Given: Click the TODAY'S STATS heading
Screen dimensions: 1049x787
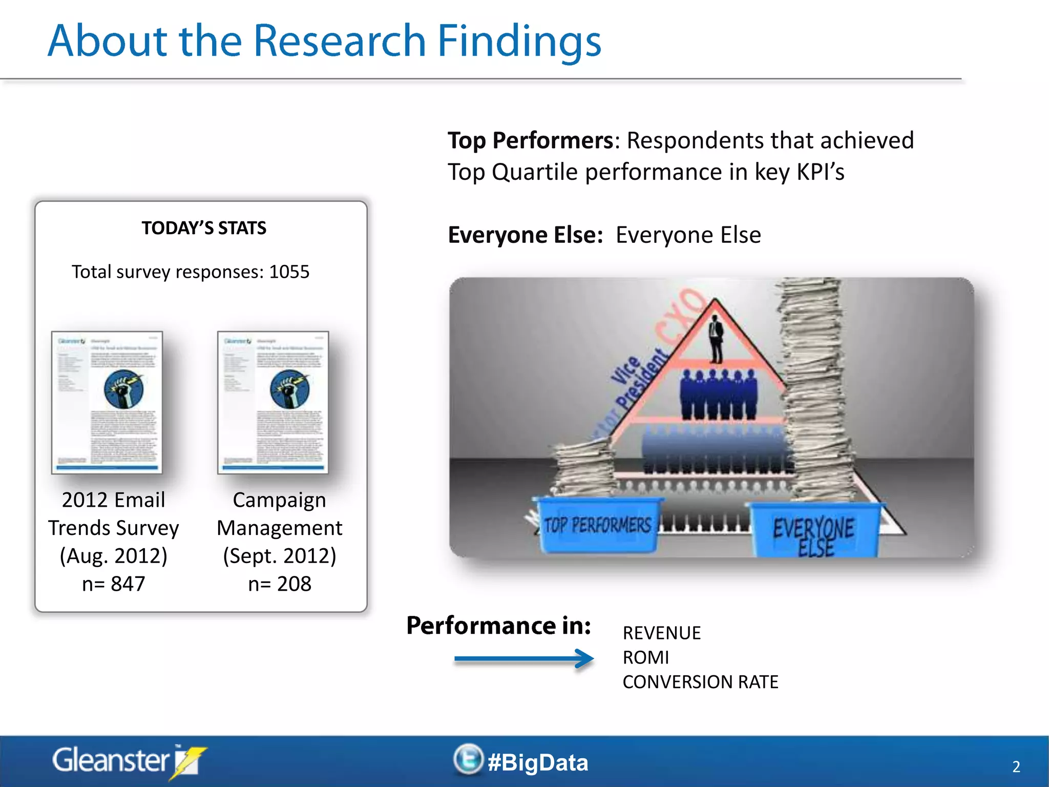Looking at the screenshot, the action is (x=204, y=228).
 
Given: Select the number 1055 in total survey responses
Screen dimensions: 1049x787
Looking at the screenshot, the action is (x=289, y=272).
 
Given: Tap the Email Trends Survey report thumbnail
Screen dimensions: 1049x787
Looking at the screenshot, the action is (x=107, y=402).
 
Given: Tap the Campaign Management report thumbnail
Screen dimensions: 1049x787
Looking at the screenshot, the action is (x=273, y=402).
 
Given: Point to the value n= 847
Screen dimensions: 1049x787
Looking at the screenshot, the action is (x=114, y=584).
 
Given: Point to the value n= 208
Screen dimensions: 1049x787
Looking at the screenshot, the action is (x=280, y=584).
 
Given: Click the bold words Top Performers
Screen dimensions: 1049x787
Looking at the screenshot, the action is (x=530, y=140).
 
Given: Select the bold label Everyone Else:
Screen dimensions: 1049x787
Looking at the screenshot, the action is (x=525, y=235).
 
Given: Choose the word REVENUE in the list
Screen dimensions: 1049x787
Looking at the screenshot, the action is (x=661, y=633).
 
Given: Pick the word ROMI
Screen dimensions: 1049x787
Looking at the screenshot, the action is (x=645, y=657).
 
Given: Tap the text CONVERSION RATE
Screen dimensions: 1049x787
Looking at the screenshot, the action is (x=700, y=682).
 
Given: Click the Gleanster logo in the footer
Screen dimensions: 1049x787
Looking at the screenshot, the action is (x=128, y=761).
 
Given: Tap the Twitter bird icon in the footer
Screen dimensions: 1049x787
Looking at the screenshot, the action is (x=468, y=759).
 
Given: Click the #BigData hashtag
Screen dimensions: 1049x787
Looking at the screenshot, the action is (x=538, y=762).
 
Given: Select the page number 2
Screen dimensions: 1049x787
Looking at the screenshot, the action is (x=1016, y=767).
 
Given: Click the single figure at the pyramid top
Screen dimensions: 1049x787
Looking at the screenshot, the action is (x=716, y=338).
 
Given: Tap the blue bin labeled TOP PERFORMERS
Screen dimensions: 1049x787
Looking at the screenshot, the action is (x=597, y=525).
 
